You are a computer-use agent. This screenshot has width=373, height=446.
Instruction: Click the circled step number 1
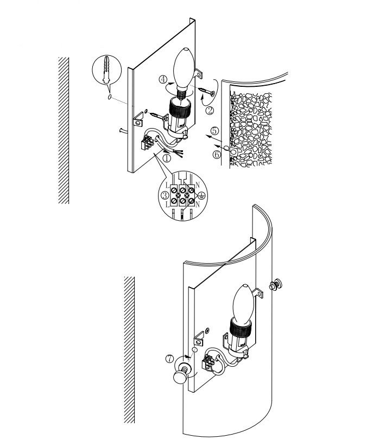(167, 158)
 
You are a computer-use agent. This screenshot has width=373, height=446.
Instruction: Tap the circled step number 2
(210, 110)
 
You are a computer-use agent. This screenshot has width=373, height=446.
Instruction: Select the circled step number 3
(165, 195)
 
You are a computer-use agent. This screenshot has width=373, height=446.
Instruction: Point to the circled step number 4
(163, 79)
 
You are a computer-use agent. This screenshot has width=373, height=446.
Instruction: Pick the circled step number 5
(215, 131)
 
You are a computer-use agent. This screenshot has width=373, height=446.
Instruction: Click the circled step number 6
(217, 155)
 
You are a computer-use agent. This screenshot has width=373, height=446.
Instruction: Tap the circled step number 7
(169, 359)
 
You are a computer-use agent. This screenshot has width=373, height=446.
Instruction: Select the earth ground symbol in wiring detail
(201, 195)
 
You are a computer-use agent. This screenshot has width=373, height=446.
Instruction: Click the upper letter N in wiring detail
(198, 185)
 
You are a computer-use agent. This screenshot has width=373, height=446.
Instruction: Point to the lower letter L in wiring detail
(168, 204)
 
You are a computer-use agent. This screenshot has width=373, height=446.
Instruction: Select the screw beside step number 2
(207, 92)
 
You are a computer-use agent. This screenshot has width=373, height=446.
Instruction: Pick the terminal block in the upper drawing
(148, 143)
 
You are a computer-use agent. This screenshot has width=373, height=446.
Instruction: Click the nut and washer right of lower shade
(275, 285)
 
